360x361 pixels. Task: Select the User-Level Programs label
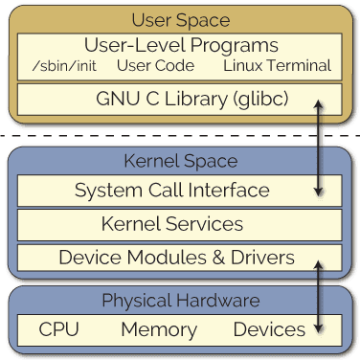181,44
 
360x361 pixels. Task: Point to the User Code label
155,66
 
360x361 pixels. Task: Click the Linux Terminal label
277,66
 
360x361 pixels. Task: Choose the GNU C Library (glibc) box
180,98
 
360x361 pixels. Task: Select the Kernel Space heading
180,160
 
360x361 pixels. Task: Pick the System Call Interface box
171,190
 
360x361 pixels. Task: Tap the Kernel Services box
171,224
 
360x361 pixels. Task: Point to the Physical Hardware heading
180,302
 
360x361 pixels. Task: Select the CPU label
58,330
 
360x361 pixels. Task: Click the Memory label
158,330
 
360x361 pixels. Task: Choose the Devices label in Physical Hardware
269,330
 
